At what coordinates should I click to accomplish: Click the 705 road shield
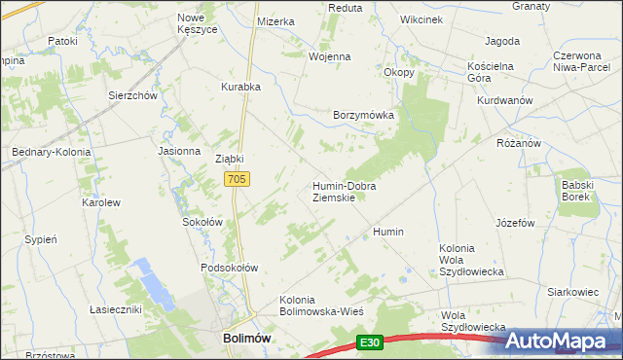tap(238, 179)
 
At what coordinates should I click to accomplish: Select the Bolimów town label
tap(239, 337)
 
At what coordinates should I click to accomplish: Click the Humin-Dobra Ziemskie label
tap(344, 191)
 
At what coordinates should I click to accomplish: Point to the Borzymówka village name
tap(363, 115)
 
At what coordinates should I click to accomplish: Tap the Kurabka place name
tap(240, 87)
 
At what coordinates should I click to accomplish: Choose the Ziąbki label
tap(229, 160)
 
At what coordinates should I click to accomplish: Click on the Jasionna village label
tap(179, 152)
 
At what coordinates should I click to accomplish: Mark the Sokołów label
tap(203, 222)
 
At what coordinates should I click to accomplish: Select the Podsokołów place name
tap(229, 268)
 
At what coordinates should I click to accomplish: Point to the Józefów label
tap(516, 223)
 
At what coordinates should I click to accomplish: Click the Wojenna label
tap(329, 56)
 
